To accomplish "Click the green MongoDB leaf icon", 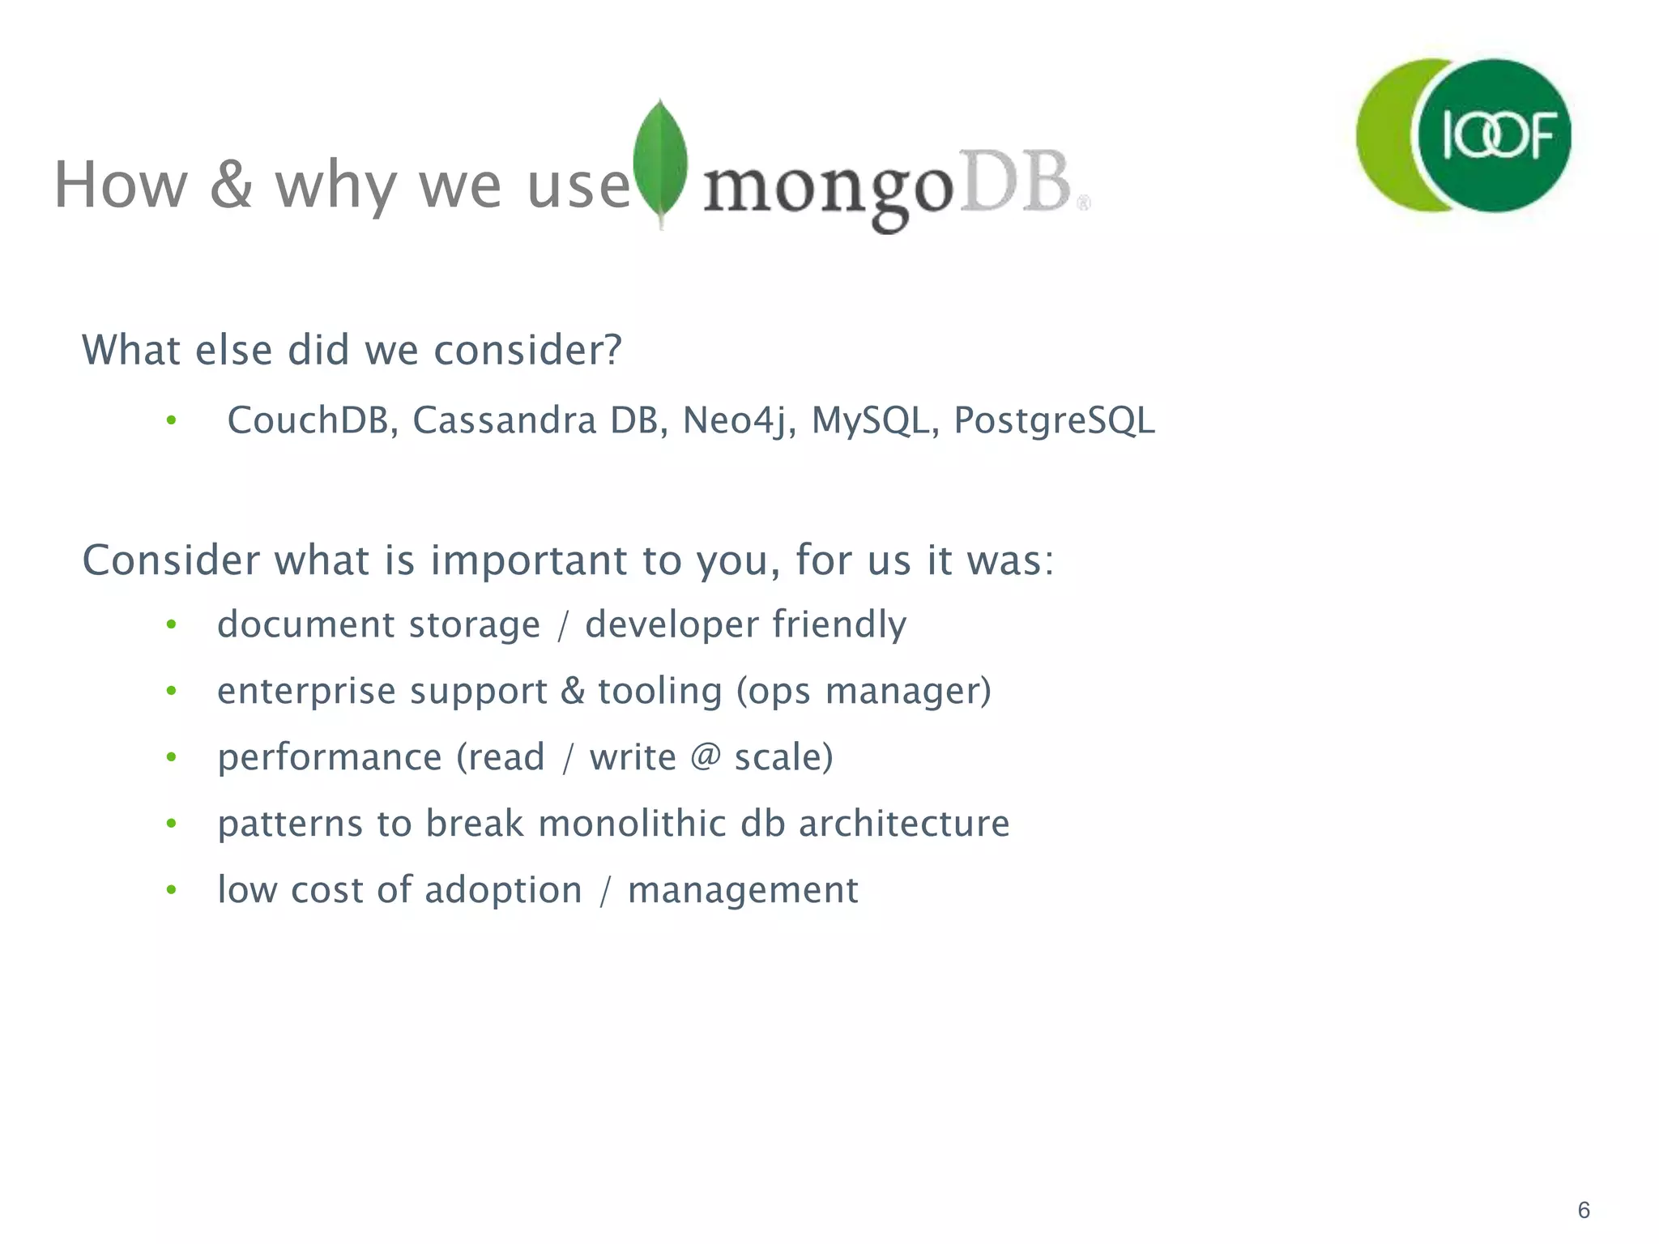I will [x=660, y=162].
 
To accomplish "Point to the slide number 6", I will [x=1584, y=1210].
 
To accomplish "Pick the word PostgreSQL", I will [x=1054, y=420].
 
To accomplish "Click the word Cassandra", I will [x=504, y=420].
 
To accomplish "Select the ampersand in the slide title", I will [x=231, y=185].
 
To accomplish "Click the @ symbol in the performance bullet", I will [x=706, y=757].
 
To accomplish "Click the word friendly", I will [x=839, y=624].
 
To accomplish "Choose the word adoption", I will [x=503, y=890].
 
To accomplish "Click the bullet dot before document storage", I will [x=171, y=624].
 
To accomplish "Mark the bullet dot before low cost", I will [x=171, y=890].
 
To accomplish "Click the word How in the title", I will [x=121, y=185].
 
